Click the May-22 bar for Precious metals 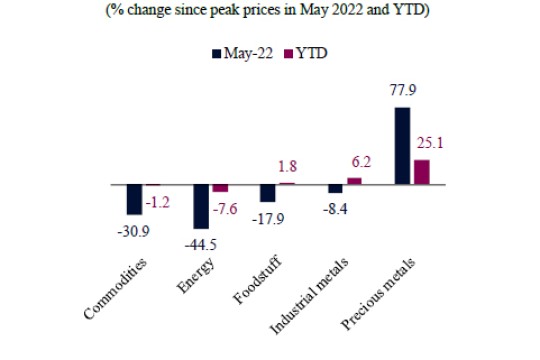[403, 146]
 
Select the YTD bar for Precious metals [421, 172]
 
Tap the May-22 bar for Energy [201, 207]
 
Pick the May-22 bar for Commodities [134, 200]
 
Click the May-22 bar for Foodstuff [268, 194]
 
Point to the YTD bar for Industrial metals [354, 181]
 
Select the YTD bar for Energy [220, 188]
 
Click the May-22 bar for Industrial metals [336, 189]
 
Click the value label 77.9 [403, 92]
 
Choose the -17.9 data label [268, 221]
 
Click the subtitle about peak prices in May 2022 [270, 12]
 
